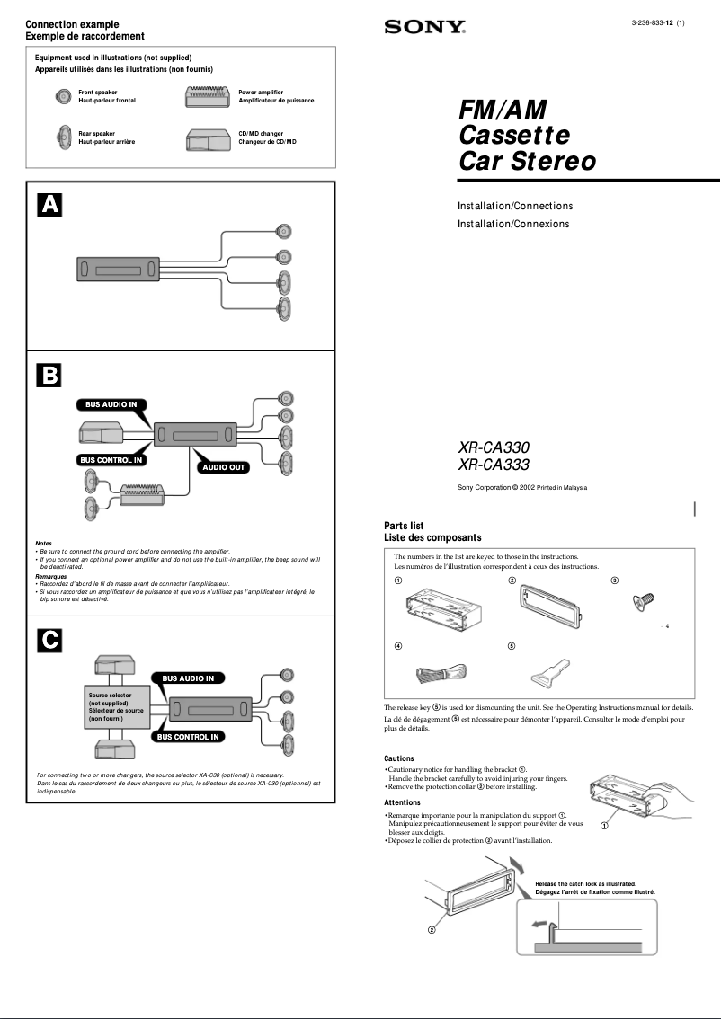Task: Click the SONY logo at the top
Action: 425,27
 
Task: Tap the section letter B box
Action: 49,375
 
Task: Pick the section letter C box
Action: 49,639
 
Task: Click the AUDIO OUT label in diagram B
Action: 224,467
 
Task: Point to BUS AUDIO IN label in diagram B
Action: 111,405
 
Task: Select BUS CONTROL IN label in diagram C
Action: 188,737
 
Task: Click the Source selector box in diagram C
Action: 115,707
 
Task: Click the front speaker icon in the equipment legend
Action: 63,96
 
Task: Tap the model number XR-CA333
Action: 494,465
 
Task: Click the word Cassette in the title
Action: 514,136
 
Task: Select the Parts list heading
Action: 404,526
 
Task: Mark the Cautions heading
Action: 399,758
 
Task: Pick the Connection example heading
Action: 72,24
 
